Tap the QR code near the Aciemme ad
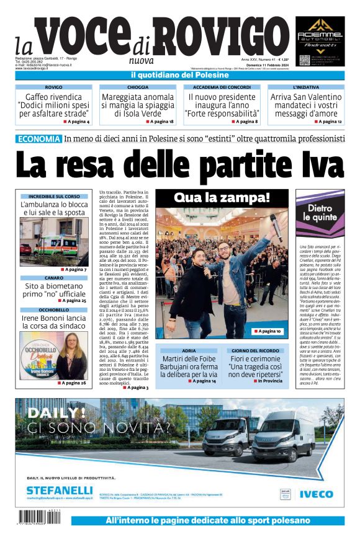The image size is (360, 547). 304,60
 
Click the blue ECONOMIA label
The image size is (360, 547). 38,139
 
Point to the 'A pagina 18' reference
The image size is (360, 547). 161,122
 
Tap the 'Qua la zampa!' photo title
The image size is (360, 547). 222,198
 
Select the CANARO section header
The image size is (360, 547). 53,278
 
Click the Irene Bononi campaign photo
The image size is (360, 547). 53,355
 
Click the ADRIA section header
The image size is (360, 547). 189,352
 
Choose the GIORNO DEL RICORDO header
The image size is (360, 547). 258,352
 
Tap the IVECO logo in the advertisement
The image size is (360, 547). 316,494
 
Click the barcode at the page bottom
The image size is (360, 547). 39,519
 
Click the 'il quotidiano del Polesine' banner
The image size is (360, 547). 179,75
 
